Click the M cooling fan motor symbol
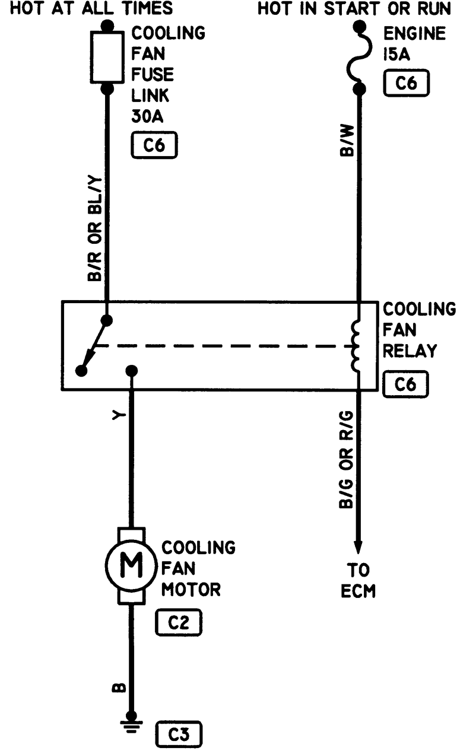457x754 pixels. click(x=132, y=567)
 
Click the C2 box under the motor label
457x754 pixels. click(x=179, y=622)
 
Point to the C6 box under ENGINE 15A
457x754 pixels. click(x=406, y=84)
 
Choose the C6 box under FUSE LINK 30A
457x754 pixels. click(x=154, y=145)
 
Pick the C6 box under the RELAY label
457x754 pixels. click(x=406, y=386)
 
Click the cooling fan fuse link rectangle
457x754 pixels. click(x=107, y=58)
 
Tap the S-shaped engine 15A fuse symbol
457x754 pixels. click(x=358, y=58)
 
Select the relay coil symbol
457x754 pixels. click(x=358, y=346)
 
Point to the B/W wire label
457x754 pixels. click(x=347, y=143)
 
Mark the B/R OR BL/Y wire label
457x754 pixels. click(x=95, y=230)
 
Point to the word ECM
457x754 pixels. click(x=358, y=591)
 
